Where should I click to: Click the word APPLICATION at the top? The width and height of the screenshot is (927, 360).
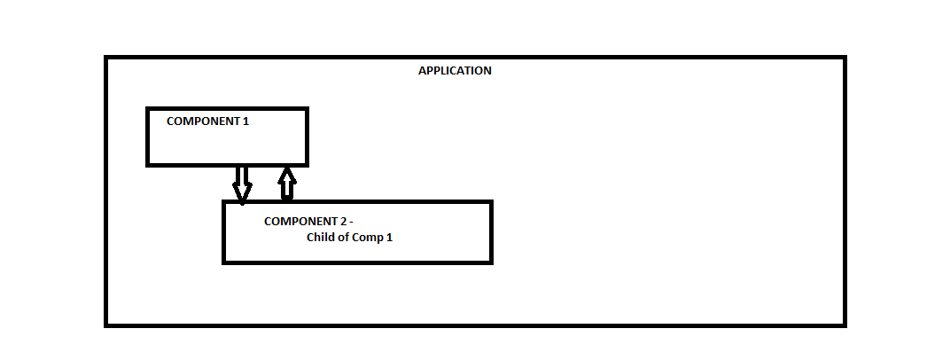click(455, 71)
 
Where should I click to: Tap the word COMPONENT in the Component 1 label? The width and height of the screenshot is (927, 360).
click(203, 121)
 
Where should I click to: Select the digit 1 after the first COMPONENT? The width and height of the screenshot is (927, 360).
click(245, 121)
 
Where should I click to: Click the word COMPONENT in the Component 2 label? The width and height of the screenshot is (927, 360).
click(300, 222)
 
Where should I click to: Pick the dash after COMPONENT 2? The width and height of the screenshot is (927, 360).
click(352, 222)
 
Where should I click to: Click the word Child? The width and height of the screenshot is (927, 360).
click(322, 238)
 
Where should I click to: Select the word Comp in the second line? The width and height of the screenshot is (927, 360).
click(370, 238)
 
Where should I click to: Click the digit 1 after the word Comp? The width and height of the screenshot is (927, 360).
click(389, 238)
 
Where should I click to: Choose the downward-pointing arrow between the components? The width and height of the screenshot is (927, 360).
click(242, 184)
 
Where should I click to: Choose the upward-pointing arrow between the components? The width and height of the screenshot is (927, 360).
click(286, 184)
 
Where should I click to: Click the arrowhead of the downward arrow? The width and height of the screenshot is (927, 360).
click(242, 194)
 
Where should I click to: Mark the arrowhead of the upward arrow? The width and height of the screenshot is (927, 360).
click(286, 173)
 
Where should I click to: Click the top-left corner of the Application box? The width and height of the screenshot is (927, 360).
click(106, 59)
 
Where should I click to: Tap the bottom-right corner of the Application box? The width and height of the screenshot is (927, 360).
click(844, 325)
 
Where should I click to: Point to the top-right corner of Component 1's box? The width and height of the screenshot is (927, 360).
click(306, 109)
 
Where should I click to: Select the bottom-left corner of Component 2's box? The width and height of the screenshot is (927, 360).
click(224, 262)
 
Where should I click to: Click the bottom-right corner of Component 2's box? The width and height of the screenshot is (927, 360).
click(490, 262)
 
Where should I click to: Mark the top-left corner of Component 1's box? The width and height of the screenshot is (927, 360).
click(148, 109)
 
